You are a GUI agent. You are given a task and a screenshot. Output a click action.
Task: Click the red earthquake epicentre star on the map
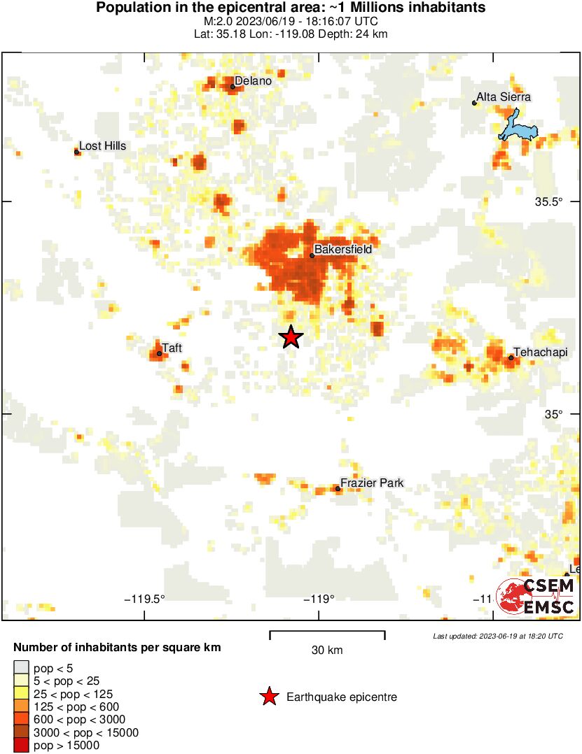coord(291,337)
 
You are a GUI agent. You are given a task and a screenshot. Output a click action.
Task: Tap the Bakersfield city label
coord(342,249)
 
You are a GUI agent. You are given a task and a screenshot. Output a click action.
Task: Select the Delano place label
coord(253,80)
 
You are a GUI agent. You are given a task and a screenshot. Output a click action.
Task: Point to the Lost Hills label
coord(102,145)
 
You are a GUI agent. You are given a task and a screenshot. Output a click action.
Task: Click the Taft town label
coord(172,347)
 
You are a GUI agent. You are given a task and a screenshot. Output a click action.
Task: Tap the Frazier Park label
coord(372,483)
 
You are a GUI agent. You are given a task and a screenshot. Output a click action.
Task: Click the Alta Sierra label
coord(504,97)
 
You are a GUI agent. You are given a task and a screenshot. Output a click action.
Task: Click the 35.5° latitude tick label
coord(549,202)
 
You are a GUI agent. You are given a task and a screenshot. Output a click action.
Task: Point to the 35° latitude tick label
coord(553,414)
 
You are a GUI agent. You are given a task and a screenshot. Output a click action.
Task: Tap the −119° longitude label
coord(319,599)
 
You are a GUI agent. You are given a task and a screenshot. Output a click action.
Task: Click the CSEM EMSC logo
coord(536,597)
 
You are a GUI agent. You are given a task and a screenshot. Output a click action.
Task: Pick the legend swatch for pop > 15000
coord(21,746)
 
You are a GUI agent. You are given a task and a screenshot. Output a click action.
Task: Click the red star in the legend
coord(268,696)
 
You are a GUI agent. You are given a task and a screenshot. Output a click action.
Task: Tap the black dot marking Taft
coord(160,353)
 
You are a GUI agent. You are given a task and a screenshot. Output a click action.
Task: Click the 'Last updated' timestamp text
coord(497,636)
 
